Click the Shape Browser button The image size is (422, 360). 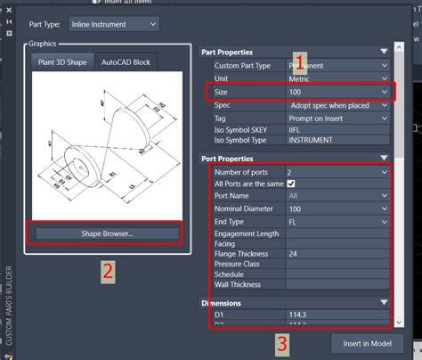104,233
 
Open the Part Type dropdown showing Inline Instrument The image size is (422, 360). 115,23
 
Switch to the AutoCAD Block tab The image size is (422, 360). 126,61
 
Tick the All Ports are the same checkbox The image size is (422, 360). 290,183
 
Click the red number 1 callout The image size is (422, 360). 301,63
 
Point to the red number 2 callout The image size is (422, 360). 107,272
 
